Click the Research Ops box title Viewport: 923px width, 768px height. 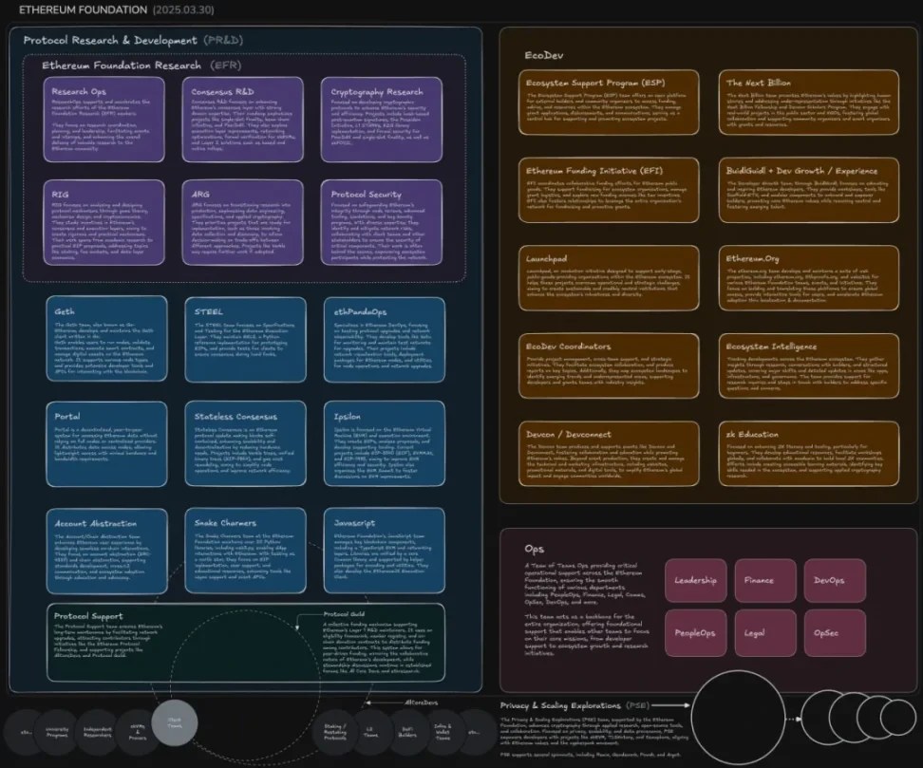pyautogui.click(x=79, y=92)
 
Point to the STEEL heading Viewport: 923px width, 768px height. pyautogui.click(x=208, y=311)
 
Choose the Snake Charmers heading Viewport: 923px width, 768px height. pyautogui.click(x=225, y=523)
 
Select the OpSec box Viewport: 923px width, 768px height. pyautogui.click(x=835, y=632)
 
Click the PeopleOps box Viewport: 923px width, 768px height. pyautogui.click(x=695, y=632)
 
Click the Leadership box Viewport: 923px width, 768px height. pyautogui.click(x=695, y=580)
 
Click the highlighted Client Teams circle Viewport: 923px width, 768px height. pyautogui.click(x=175, y=722)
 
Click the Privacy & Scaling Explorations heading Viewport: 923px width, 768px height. pyautogui.click(x=560, y=706)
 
